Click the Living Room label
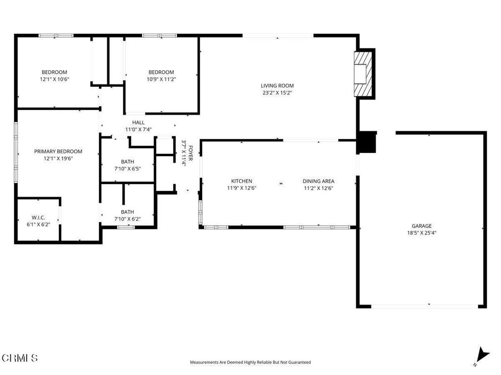[x=277, y=85]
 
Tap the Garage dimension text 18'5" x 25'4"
[x=421, y=233]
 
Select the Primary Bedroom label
[x=58, y=151]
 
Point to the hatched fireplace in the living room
[x=364, y=74]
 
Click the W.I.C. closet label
[x=38, y=217]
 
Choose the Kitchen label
[x=242, y=181]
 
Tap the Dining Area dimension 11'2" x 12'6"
[x=319, y=188]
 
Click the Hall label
[x=138, y=122]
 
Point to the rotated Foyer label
[x=191, y=153]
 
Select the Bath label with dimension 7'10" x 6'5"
[x=128, y=162]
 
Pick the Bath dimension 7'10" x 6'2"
[x=128, y=219]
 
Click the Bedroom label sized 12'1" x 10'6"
[x=54, y=72]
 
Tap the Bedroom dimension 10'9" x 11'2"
[x=161, y=80]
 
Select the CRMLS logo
[x=20, y=358]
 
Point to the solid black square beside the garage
[x=366, y=142]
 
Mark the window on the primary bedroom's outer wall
[x=16, y=152]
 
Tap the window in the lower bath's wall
[x=126, y=227]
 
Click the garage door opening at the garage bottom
[x=425, y=306]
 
